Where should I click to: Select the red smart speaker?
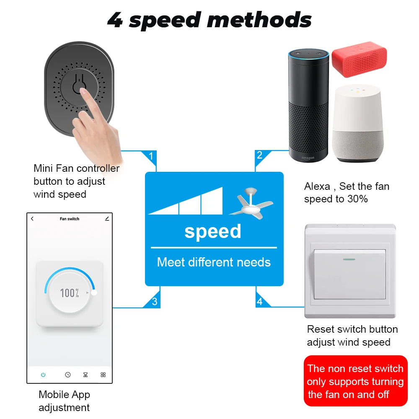click(x=359, y=58)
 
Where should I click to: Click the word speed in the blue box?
click(x=213, y=231)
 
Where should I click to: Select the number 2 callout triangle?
click(x=260, y=156)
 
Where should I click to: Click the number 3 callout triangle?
click(x=155, y=301)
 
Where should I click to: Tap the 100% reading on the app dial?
click(x=70, y=293)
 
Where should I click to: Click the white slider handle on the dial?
click(x=94, y=292)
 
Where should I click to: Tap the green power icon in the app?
click(x=43, y=375)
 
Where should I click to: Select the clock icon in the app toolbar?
click(x=68, y=375)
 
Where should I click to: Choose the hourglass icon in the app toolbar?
click(x=85, y=375)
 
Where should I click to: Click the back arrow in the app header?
click(x=32, y=219)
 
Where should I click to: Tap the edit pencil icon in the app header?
click(x=107, y=219)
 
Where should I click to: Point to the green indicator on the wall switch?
click(x=349, y=259)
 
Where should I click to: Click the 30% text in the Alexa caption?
click(x=357, y=199)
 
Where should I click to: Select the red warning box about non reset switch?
click(x=355, y=381)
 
